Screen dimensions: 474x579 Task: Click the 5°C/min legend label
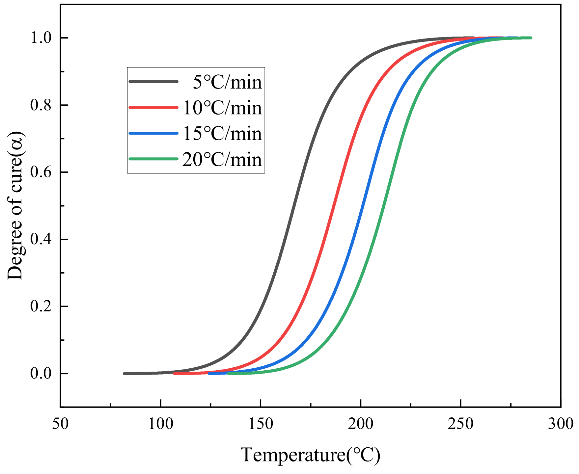point(227,82)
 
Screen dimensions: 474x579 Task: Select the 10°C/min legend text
point(222,108)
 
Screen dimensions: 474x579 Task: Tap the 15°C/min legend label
point(222,134)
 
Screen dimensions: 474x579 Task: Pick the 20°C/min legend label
point(222,160)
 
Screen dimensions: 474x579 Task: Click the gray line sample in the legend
point(153,81)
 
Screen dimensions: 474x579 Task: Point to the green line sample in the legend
point(153,159)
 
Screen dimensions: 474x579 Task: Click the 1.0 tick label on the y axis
point(41,38)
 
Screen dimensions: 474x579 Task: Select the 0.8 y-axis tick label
point(41,105)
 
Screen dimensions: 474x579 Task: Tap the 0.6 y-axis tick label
point(41,172)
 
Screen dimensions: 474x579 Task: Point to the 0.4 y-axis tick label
point(41,240)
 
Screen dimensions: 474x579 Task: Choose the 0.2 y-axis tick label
point(41,307)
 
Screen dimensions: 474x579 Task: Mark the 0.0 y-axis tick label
point(41,374)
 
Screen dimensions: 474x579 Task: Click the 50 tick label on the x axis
point(61,424)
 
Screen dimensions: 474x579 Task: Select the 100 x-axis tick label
point(161,424)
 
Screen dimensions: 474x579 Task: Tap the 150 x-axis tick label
point(261,424)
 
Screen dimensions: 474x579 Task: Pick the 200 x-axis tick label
point(361,424)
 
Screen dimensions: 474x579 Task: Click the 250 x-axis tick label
point(461,424)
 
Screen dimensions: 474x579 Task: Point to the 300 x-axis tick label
point(561,424)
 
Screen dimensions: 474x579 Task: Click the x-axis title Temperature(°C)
point(311,456)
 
